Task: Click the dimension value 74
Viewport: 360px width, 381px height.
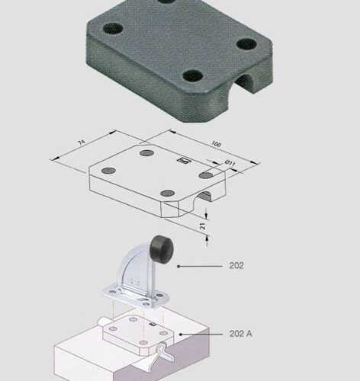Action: (x=82, y=142)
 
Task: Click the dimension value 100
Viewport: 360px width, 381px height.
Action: (x=216, y=144)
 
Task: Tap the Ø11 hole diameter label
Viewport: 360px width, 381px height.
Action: (x=230, y=163)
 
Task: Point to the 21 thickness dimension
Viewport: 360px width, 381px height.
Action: (x=202, y=226)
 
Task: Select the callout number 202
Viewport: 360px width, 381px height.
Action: (x=236, y=266)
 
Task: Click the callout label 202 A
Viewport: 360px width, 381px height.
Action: (x=240, y=334)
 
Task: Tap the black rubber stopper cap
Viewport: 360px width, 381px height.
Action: (x=162, y=246)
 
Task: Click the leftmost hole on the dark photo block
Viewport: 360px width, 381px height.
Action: (x=113, y=28)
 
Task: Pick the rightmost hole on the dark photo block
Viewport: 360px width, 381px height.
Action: (x=246, y=44)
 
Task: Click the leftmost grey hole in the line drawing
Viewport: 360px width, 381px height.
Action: (x=108, y=171)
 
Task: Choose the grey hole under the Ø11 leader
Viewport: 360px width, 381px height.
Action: (x=206, y=175)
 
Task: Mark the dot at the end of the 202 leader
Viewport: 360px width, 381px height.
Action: (x=178, y=266)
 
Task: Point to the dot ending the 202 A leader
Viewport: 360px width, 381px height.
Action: (x=181, y=335)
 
